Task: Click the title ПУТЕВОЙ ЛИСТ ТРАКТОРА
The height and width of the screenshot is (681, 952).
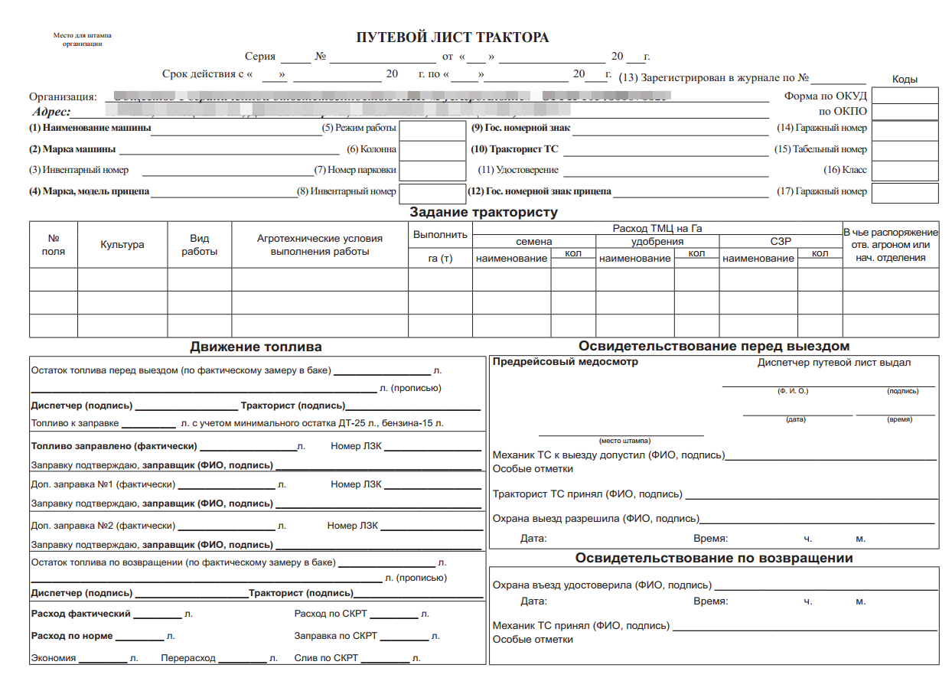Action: [452, 37]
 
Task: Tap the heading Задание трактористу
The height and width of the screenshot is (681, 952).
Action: [484, 212]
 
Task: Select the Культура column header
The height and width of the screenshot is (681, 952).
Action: [122, 245]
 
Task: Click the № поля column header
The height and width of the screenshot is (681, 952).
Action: [54, 245]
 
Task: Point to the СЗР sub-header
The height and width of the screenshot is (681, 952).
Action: [781, 242]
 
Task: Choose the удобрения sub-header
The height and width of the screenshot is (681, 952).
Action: [657, 242]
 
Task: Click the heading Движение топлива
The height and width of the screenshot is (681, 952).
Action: [256, 347]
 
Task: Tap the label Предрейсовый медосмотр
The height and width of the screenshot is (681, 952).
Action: [566, 362]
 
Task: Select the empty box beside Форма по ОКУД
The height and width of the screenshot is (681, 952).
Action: [905, 96]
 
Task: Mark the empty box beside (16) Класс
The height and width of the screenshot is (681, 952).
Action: [905, 171]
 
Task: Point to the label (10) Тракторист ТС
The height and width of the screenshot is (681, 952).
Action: [515, 149]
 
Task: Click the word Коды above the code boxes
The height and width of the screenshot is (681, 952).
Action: [905, 79]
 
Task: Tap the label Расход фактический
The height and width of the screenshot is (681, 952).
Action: [81, 614]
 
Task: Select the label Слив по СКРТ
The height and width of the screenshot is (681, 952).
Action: [326, 658]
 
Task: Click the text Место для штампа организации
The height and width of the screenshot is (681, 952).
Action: [82, 40]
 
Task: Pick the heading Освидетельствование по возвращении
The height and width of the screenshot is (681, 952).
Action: [713, 558]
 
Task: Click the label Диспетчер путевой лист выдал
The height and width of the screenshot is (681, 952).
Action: [834, 363]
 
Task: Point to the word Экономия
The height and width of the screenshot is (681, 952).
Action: [53, 658]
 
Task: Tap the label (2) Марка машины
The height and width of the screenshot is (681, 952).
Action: [73, 149]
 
